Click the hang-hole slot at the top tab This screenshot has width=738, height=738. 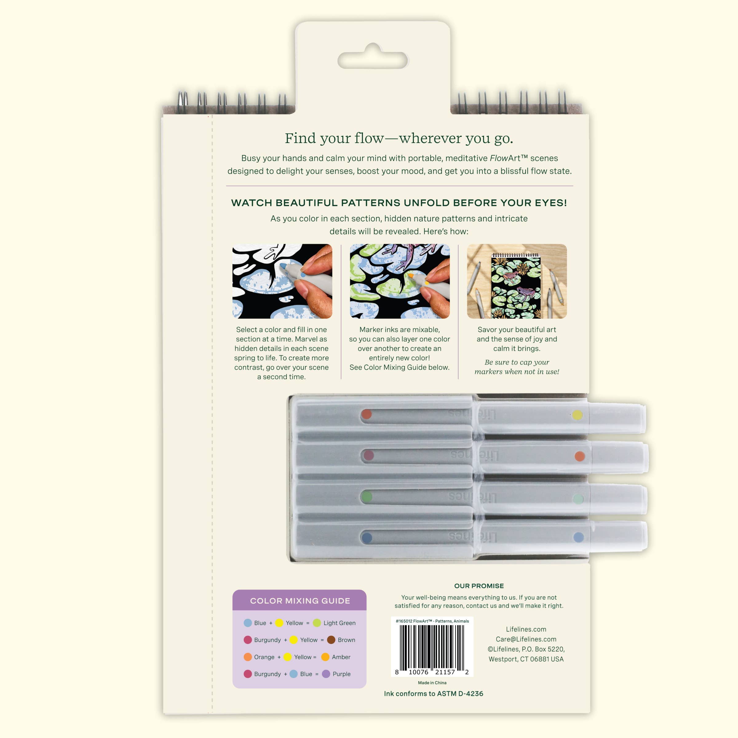[x=373, y=60]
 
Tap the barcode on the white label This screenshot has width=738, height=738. [x=432, y=646]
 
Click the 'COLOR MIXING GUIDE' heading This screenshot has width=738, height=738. [x=300, y=601]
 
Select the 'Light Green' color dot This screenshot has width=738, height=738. [x=317, y=623]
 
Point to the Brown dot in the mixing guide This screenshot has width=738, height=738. [x=331, y=640]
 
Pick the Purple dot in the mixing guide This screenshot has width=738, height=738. [x=326, y=674]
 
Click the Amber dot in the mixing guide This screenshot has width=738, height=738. [x=325, y=657]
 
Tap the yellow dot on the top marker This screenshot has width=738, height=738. [x=577, y=415]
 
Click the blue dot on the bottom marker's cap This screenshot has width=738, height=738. [x=578, y=538]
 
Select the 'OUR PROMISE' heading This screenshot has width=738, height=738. [x=479, y=586]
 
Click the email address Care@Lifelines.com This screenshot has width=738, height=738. [x=526, y=639]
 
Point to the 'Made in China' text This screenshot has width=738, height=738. [x=432, y=683]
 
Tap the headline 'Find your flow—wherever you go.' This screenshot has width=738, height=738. [x=399, y=138]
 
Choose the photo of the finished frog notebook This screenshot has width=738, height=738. [x=517, y=281]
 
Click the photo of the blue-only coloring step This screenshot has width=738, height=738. [x=282, y=281]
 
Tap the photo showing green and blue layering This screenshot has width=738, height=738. [x=399, y=281]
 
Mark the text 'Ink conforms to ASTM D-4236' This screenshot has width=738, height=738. [x=434, y=694]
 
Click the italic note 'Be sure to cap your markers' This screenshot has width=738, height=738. [x=517, y=367]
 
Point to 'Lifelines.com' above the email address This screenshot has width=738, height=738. [x=526, y=629]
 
